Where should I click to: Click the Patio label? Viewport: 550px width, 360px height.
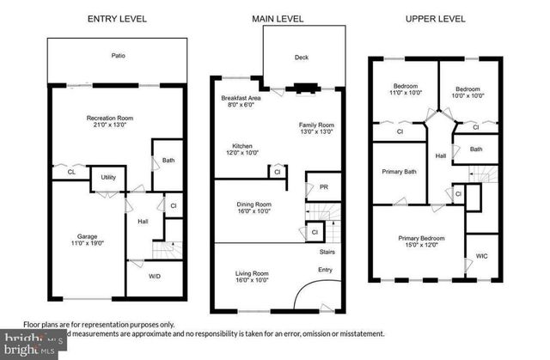coord(119,56)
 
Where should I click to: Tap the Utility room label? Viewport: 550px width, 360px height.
coord(108,177)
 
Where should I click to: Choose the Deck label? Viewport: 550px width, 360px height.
coord(301,58)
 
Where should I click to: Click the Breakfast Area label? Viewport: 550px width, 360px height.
coord(240,99)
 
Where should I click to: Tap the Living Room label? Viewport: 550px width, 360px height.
coord(253,274)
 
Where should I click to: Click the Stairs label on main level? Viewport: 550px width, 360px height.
coord(327,252)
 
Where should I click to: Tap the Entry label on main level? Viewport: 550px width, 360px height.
coord(324,271)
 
